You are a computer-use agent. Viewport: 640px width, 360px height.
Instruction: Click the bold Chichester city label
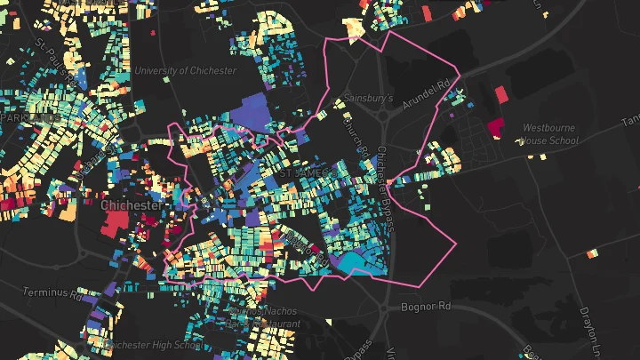(x=132, y=205)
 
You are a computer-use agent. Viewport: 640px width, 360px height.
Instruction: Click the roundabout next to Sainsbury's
(x=388, y=113)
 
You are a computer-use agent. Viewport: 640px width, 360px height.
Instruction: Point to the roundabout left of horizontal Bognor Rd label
(x=384, y=309)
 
